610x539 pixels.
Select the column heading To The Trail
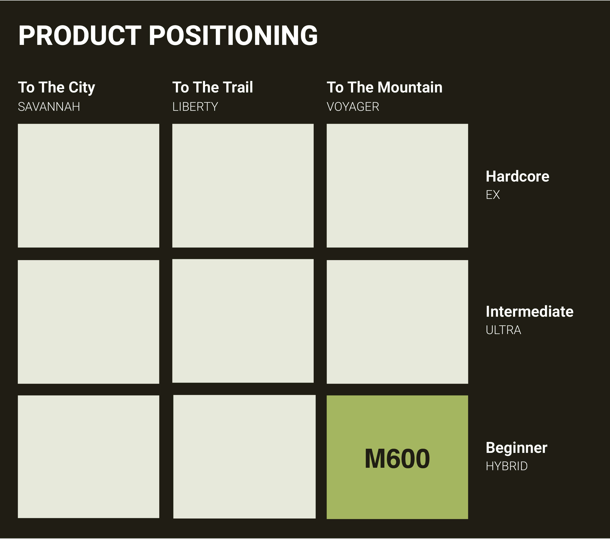[x=212, y=87]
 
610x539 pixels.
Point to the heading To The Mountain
[x=384, y=87]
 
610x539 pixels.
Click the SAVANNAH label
[x=49, y=107]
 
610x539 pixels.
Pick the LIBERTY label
[x=195, y=107]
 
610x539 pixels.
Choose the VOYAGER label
[x=353, y=107]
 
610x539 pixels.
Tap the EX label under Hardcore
[x=493, y=195]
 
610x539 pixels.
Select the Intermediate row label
[x=530, y=311]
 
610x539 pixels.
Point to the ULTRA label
[x=503, y=330]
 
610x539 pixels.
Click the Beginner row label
[x=517, y=448]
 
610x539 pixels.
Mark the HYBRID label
[x=506, y=466]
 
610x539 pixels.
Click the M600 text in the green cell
[x=397, y=459]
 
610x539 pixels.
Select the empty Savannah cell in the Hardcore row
[x=89, y=186]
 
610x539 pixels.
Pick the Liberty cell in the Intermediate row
[x=243, y=321]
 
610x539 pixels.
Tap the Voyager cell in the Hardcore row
[x=397, y=186]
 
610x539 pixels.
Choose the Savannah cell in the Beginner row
[x=89, y=457]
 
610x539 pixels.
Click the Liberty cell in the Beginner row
[x=244, y=457]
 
